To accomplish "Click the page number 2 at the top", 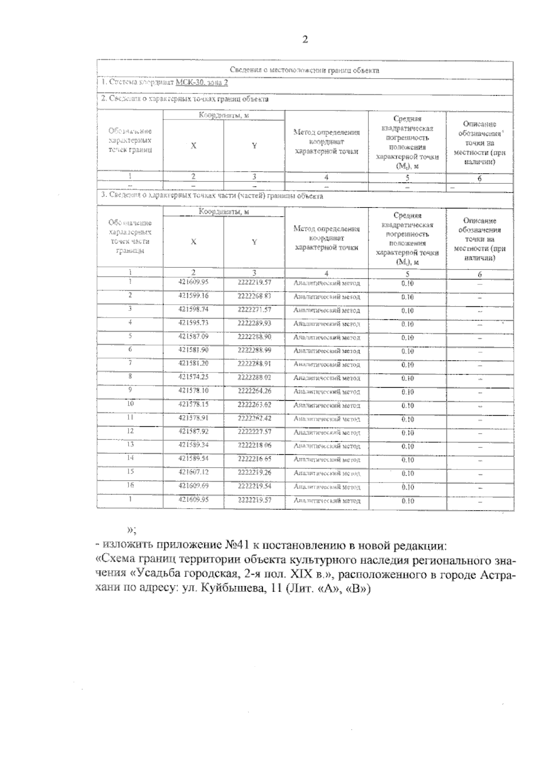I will click(x=305, y=40).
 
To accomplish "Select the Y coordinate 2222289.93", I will click(x=254, y=323).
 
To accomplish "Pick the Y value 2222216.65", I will click(x=254, y=459).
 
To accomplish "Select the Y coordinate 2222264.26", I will click(x=254, y=391).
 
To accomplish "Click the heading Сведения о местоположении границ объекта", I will click(x=305, y=71).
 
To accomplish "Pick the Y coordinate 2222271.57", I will click(x=254, y=310).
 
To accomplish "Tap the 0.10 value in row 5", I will click(x=407, y=337).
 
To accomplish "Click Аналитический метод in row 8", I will click(x=327, y=378).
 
